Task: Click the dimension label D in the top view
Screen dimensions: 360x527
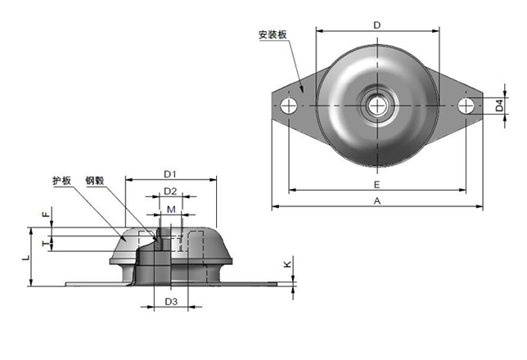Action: click(x=376, y=25)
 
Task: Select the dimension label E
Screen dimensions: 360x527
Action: click(x=376, y=185)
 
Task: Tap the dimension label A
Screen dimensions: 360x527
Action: click(x=376, y=200)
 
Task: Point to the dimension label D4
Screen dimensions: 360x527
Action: click(x=498, y=106)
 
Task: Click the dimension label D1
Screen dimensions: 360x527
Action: click(x=170, y=173)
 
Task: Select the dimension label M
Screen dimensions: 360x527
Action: click(x=170, y=210)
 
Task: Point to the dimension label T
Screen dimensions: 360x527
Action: click(x=44, y=243)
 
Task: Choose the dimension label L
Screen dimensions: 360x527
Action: click(x=25, y=258)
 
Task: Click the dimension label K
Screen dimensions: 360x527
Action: click(x=286, y=264)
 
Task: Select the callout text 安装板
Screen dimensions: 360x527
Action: click(x=272, y=35)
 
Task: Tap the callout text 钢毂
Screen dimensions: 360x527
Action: click(x=93, y=182)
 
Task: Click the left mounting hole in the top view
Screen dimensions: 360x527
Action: click(x=287, y=106)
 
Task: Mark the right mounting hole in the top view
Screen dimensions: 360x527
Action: click(x=466, y=106)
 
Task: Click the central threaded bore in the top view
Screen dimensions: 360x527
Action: click(x=377, y=106)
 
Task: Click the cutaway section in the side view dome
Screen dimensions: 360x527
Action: click(x=151, y=245)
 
